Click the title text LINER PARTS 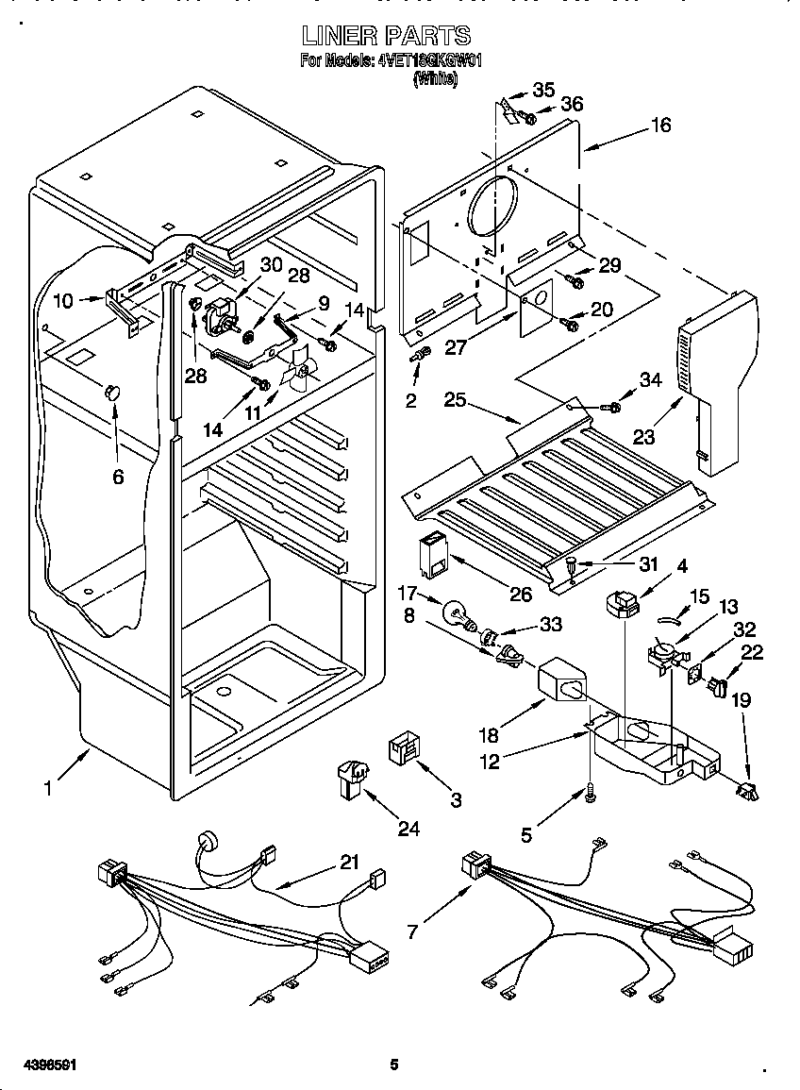[x=386, y=36]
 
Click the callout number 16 [x=661, y=125]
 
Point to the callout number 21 [x=350, y=863]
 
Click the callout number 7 [x=411, y=931]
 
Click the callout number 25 [x=457, y=400]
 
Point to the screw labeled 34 [x=612, y=407]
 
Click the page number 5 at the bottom [x=394, y=1065]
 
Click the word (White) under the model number [x=435, y=81]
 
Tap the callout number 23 [x=643, y=437]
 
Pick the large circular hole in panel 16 [x=492, y=206]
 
